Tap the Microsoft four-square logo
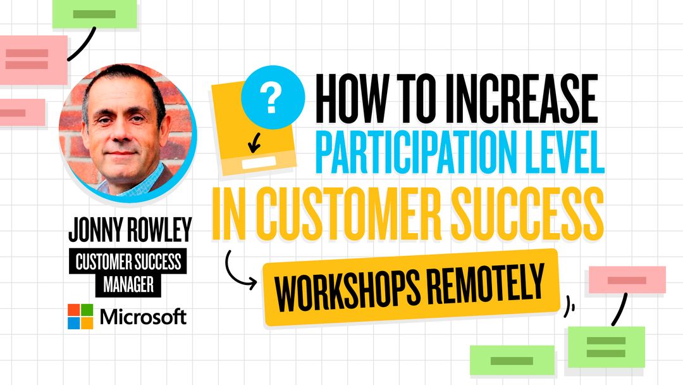tap(80, 317)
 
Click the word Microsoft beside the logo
tap(144, 317)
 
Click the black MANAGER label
tap(128, 284)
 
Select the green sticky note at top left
tap(94, 14)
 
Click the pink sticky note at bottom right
tap(627, 280)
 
